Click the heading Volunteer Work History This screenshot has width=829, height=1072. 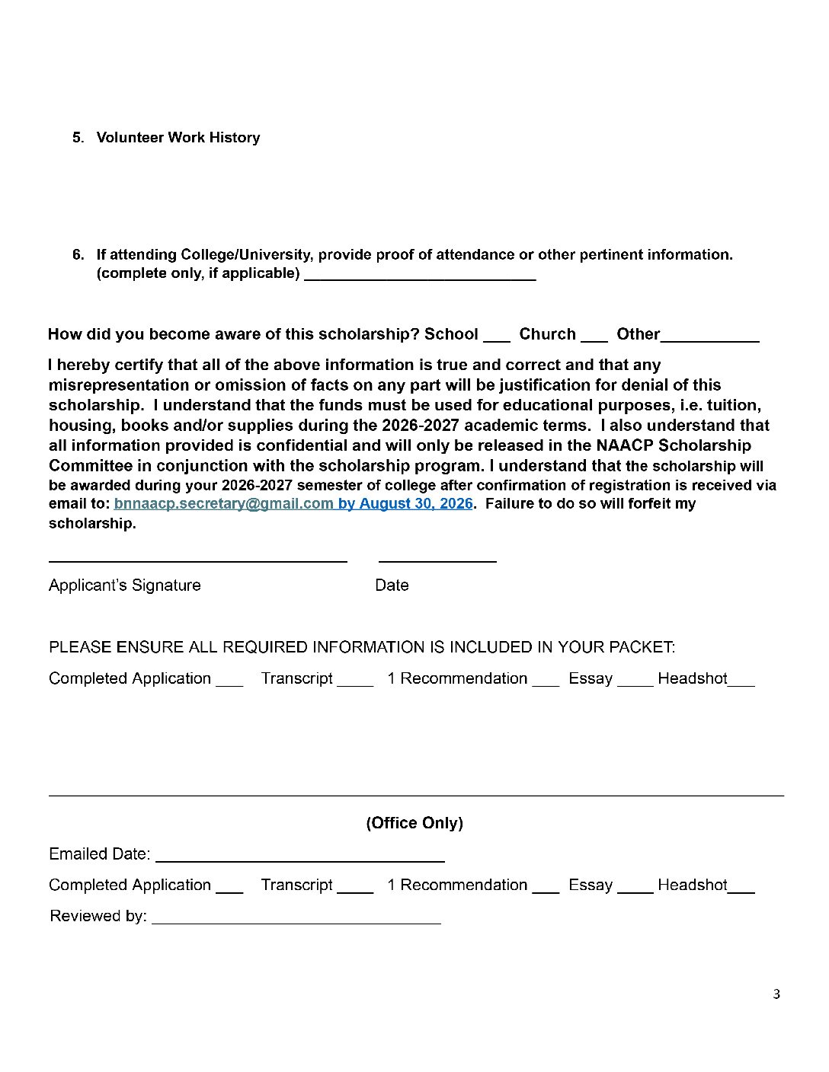[x=178, y=138]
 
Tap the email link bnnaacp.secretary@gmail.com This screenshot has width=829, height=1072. [x=223, y=504]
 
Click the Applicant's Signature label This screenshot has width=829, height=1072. [x=125, y=585]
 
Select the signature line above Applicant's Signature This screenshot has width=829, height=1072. [x=197, y=561]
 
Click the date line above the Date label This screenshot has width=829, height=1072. [x=437, y=561]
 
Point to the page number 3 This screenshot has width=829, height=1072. [x=776, y=994]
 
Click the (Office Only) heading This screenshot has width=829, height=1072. [x=414, y=823]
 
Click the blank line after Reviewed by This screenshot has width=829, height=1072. [x=296, y=922]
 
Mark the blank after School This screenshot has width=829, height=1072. [x=496, y=340]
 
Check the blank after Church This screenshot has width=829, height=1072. [x=594, y=340]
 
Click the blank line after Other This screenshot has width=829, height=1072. [x=709, y=340]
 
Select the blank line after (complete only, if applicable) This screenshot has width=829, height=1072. [x=420, y=279]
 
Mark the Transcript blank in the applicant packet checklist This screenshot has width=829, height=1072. [x=355, y=684]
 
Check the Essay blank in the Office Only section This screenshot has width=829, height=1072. [x=635, y=890]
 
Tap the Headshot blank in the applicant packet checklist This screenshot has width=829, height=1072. [x=741, y=684]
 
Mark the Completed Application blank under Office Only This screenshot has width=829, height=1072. [x=229, y=890]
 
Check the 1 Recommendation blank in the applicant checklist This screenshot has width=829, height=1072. [x=546, y=684]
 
